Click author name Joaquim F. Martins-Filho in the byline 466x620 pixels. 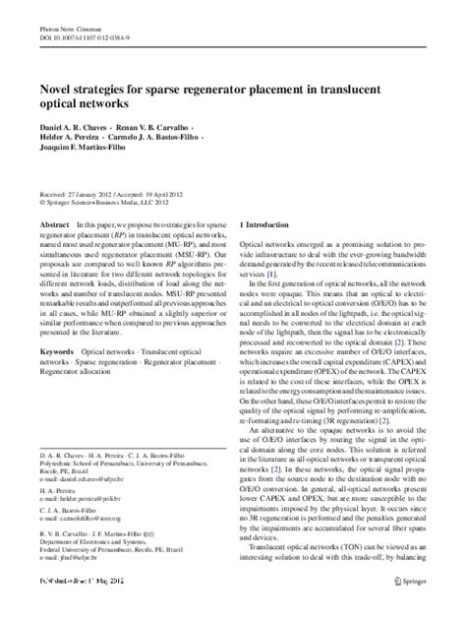(88, 153)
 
